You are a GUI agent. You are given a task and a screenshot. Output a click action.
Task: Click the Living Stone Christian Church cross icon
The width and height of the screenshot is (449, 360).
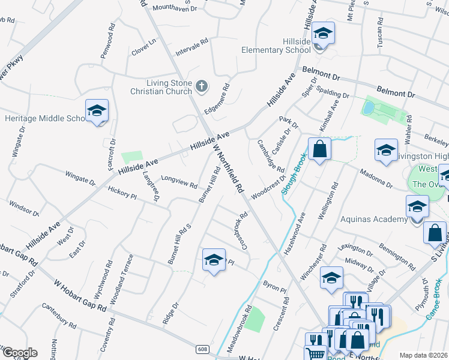[x=201, y=87]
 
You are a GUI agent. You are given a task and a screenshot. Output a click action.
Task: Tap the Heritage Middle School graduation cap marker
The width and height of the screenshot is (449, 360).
[x=97, y=111]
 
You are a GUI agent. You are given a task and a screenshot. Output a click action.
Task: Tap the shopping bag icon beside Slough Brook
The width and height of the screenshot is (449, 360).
[x=320, y=149]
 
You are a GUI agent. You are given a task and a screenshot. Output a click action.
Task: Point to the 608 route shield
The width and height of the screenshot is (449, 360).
[x=203, y=349]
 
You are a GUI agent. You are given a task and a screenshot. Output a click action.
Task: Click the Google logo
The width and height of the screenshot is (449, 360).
[x=19, y=353]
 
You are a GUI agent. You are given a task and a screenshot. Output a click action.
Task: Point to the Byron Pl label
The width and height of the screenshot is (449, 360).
[x=273, y=283]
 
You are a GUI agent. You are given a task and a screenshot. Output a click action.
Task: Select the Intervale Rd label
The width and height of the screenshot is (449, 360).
[x=191, y=49]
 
